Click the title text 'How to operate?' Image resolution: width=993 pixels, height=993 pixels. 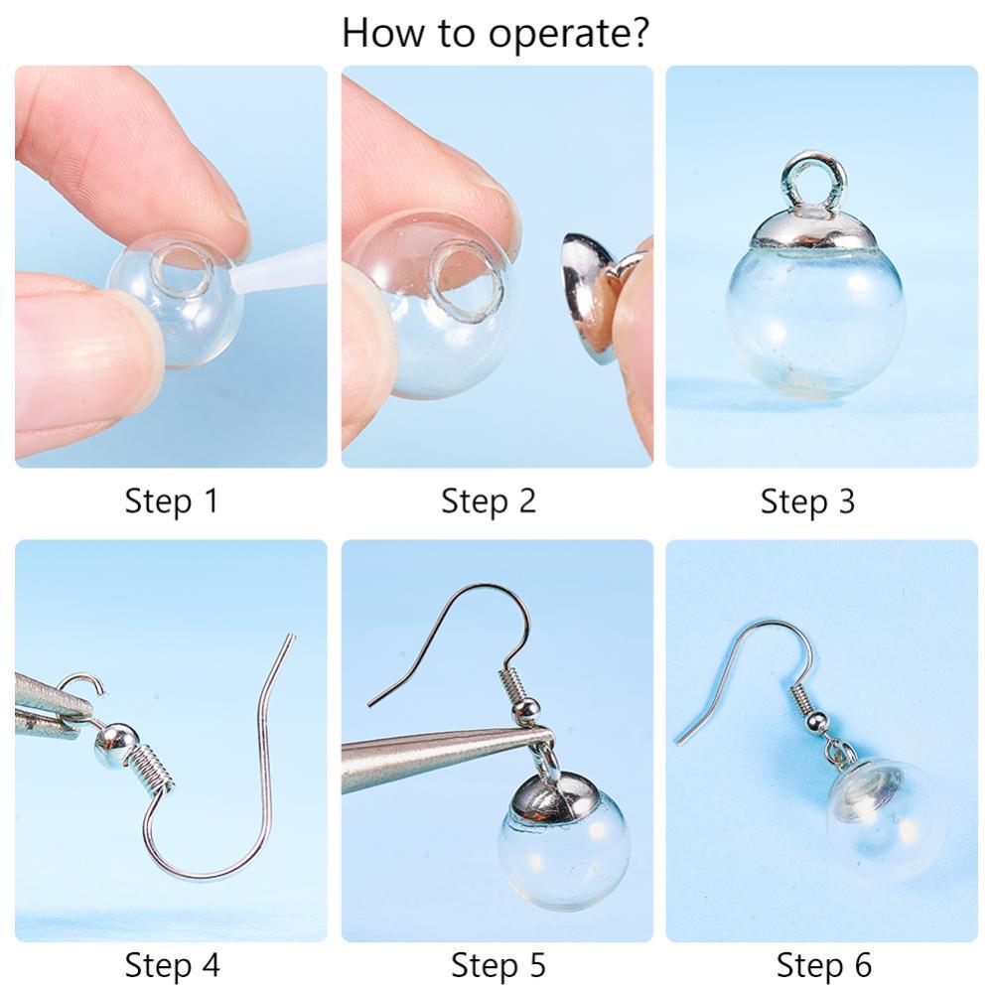[x=496, y=33]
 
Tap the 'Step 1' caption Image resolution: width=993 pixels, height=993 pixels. [x=172, y=500]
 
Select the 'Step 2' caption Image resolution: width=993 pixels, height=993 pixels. [x=489, y=500]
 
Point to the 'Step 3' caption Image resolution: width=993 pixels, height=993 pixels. [x=807, y=500]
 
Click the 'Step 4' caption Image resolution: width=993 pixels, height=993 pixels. [x=172, y=965]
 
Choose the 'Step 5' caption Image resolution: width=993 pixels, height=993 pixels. [x=497, y=965]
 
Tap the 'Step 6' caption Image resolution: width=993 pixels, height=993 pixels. [x=824, y=965]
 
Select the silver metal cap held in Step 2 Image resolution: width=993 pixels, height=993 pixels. [x=590, y=298]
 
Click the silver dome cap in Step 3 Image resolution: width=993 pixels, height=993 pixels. [x=814, y=230]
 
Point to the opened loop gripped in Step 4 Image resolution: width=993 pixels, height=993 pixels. [x=83, y=690]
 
